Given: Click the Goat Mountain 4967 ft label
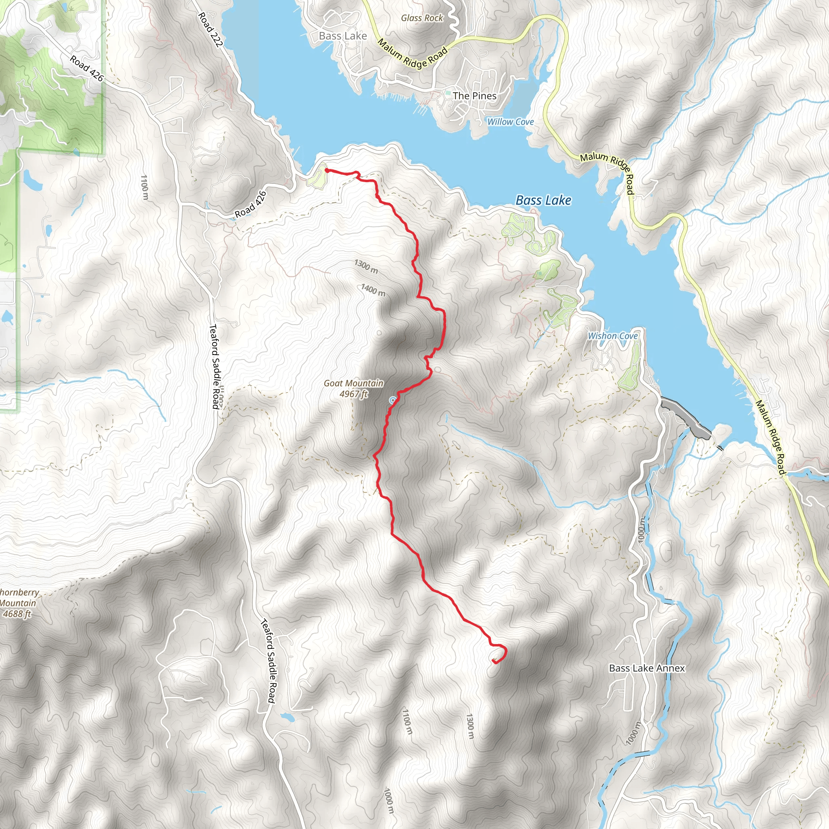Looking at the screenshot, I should pos(353,388).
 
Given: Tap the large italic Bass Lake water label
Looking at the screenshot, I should pos(543,200).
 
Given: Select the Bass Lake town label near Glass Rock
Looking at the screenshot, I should pos(343,36).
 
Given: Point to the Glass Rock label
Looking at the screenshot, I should pos(422,18).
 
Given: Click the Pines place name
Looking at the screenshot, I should pos(474,96).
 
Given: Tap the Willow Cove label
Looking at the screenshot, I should pos(510,122).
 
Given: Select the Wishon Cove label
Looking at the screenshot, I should pos(612,336).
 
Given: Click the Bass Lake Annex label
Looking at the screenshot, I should pos(646,668).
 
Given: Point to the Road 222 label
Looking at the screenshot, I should pos(210,29).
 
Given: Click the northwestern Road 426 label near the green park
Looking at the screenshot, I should pos(86,68).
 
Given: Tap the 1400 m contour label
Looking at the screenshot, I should pos(373,290).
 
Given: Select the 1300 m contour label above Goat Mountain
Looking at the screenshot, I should pos(366,266).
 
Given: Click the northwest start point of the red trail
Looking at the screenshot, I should pos(327,170).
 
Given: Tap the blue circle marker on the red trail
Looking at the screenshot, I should pos(392,400).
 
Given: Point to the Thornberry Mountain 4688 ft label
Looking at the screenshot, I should pos(17,603).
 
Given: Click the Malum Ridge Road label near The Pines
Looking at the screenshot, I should pos(412,54).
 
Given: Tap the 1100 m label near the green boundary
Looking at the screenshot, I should pos(144,187).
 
